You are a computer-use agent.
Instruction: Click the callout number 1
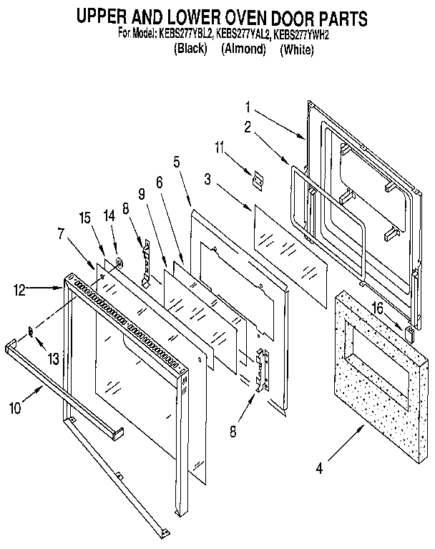tap(248, 110)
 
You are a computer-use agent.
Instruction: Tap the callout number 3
tap(207, 179)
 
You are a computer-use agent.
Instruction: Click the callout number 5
tap(175, 162)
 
